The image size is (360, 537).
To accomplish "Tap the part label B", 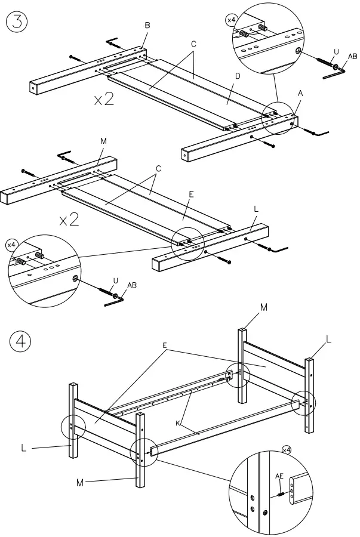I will pyautogui.click(x=147, y=24).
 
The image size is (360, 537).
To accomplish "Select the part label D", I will pyautogui.click(x=237, y=76).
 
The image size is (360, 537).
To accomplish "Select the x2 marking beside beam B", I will pyautogui.click(x=104, y=99).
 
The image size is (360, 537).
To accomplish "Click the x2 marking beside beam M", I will pyautogui.click(x=69, y=220).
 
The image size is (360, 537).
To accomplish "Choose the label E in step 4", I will pyautogui.click(x=164, y=345).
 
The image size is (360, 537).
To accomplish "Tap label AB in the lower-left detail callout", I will pyautogui.click(x=132, y=285).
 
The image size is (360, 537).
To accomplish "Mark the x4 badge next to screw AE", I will pyautogui.click(x=287, y=449).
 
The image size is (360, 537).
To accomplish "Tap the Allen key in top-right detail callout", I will pyautogui.click(x=333, y=74).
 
